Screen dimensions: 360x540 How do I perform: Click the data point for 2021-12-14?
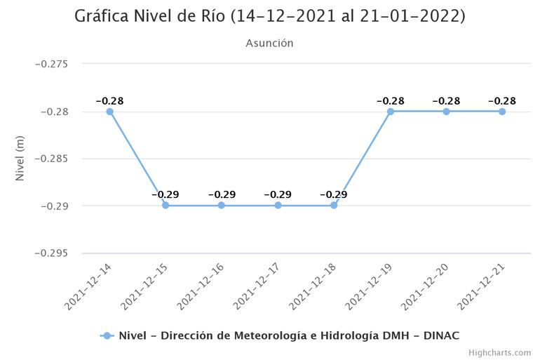pyautogui.click(x=109, y=112)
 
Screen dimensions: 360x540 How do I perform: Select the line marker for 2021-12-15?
pyautogui.click(x=166, y=206)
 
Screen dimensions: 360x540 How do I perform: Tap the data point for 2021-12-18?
pyautogui.click(x=334, y=206)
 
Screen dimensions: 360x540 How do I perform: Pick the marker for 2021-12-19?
pyautogui.click(x=390, y=112)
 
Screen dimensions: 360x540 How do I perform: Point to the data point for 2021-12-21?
pyautogui.click(x=502, y=112)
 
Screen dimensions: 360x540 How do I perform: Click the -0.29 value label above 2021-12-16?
pyautogui.click(x=222, y=194)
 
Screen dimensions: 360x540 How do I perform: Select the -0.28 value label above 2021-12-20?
pyautogui.click(x=446, y=101)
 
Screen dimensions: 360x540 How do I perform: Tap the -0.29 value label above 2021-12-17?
pyautogui.click(x=278, y=194)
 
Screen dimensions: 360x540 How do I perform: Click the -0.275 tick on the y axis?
pyautogui.click(x=51, y=65)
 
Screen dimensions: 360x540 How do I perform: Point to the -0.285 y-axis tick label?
pyautogui.click(x=51, y=159)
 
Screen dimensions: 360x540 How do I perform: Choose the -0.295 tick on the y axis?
pyautogui.click(x=51, y=253)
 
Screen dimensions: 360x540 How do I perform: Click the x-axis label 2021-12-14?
pyautogui.click(x=86, y=288)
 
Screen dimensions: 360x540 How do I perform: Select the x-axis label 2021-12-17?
pyautogui.click(x=255, y=288)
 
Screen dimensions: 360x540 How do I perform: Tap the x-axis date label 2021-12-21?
pyautogui.click(x=479, y=288)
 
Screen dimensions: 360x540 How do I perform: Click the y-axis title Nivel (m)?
pyautogui.click(x=20, y=159)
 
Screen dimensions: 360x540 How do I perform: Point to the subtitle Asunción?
pyautogui.click(x=269, y=44)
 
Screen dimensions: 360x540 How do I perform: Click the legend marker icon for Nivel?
pyautogui.click(x=107, y=335)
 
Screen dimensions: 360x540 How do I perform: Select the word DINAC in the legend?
pyautogui.click(x=442, y=335)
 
